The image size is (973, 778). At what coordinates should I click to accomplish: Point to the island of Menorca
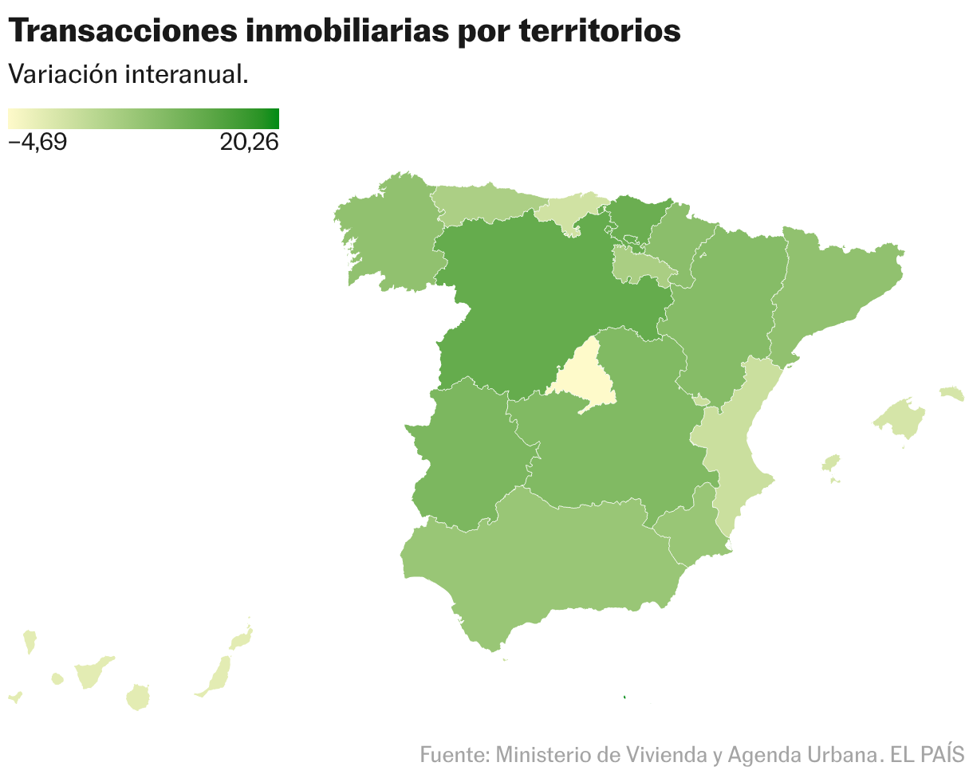tap(952, 393)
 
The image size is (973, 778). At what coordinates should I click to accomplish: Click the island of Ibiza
tap(831, 463)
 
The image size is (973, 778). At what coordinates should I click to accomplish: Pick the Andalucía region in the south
tap(542, 558)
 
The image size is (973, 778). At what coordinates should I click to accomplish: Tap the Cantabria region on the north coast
tap(570, 211)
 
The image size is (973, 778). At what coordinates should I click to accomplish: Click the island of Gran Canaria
tap(139, 697)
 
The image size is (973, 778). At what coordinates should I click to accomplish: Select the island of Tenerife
tap(92, 673)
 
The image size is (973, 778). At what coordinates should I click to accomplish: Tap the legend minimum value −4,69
tap(37, 143)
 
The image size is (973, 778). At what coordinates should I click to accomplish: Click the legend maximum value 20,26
tap(249, 143)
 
